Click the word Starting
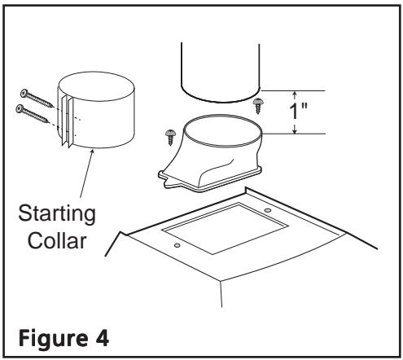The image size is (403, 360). click(x=57, y=214)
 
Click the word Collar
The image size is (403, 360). click(x=57, y=240)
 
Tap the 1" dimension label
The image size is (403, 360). click(x=299, y=111)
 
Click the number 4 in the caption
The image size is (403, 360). click(x=102, y=337)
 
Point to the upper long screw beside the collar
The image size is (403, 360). click(x=37, y=99)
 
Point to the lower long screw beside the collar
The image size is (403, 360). click(x=33, y=113)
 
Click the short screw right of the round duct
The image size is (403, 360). click(x=257, y=106)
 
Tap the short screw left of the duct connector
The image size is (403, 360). click(x=171, y=137)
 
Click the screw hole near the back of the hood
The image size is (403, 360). click(x=268, y=210)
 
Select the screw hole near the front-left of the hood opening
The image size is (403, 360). click(x=177, y=245)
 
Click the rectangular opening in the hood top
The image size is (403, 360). click(x=225, y=228)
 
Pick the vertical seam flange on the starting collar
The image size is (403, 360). click(x=67, y=121)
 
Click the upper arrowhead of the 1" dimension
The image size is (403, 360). click(x=295, y=94)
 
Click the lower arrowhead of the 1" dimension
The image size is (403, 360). click(x=295, y=130)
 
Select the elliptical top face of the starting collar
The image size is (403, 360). click(x=97, y=86)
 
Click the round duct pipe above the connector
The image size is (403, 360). click(x=220, y=72)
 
